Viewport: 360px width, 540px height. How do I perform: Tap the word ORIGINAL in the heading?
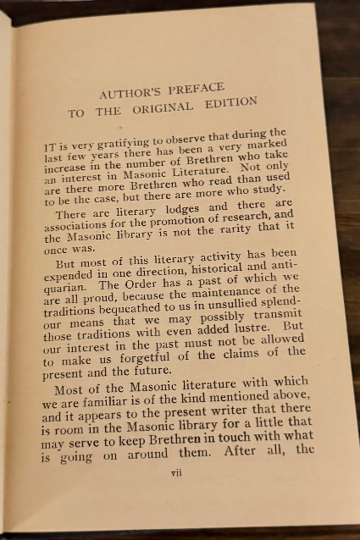[x=178, y=107]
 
